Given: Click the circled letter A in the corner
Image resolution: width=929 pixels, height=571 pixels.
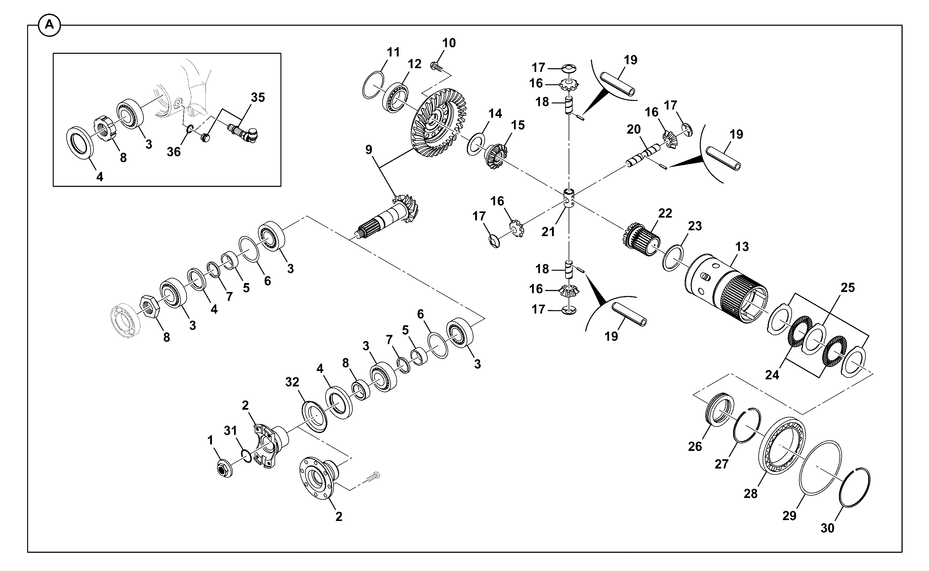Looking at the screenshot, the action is [x=49, y=26].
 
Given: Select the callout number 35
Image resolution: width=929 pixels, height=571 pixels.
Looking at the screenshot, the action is [x=258, y=98].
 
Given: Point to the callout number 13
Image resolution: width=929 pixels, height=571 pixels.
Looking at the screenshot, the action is [x=742, y=247].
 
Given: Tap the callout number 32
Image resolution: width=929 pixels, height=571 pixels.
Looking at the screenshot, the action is [x=292, y=382].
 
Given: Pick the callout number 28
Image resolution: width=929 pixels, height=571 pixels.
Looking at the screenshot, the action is [x=750, y=494].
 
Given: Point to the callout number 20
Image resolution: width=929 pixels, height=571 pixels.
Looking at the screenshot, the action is [x=634, y=130].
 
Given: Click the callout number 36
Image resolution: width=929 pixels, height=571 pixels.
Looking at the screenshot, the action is [x=174, y=152].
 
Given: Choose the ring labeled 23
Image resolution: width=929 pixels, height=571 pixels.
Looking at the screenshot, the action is [x=673, y=258].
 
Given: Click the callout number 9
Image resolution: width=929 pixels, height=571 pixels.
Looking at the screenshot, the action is [x=369, y=150].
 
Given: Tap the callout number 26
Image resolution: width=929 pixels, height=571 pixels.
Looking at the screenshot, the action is [x=695, y=446].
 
